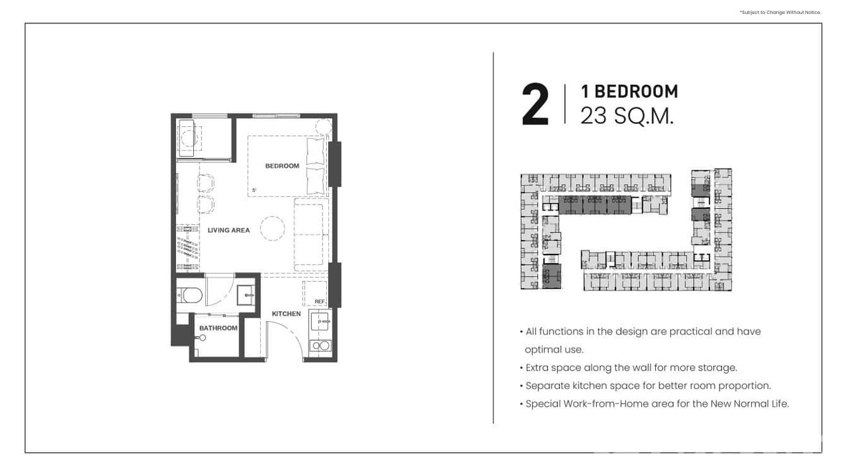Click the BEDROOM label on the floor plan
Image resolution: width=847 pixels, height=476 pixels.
[281, 166]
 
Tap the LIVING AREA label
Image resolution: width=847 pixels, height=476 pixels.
[228, 230]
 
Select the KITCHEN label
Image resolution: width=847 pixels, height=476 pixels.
[286, 314]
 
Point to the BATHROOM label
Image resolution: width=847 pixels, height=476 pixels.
[218, 328]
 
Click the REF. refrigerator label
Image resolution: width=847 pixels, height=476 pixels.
[319, 302]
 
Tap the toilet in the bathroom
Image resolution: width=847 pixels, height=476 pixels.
[189, 294]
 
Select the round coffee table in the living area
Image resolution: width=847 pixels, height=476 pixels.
[273, 229]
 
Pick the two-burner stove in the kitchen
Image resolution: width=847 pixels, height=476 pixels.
[320, 345]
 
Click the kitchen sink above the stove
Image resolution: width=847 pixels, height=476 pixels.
[321, 322]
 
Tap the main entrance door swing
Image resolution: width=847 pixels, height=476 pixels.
[278, 338]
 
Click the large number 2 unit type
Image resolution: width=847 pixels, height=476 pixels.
[535, 105]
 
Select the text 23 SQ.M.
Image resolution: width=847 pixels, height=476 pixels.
[627, 116]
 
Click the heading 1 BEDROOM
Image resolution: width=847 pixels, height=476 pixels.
[629, 92]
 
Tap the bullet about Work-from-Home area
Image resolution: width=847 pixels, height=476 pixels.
[656, 403]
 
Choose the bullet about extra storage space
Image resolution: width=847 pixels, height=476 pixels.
[631, 367]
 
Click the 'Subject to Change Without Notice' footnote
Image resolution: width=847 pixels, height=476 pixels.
[779, 12]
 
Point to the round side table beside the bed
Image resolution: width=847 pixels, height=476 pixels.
[323, 126]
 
